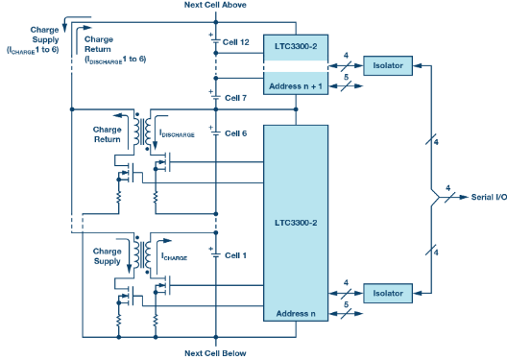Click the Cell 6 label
click(x=237, y=132)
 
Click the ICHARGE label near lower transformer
click(x=175, y=257)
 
